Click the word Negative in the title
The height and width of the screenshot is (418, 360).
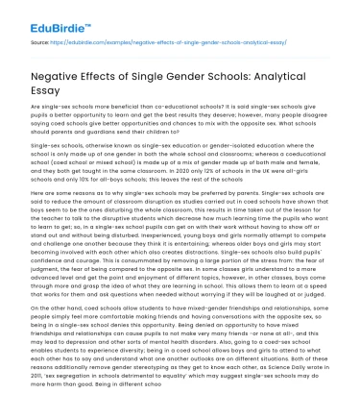tap(60, 77)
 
